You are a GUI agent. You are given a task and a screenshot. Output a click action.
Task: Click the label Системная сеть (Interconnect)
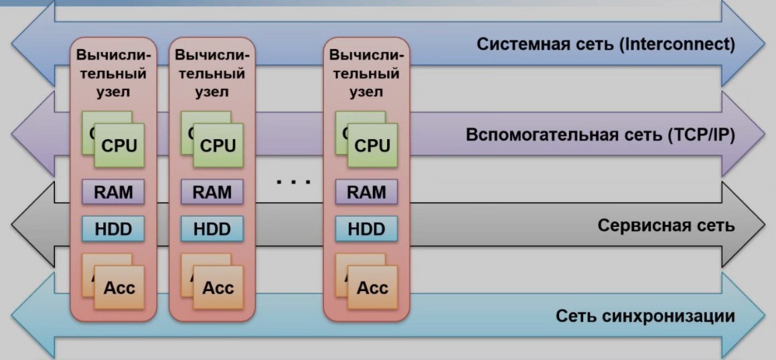click(x=605, y=46)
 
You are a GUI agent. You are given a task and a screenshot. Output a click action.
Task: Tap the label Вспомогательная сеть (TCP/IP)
click(x=600, y=135)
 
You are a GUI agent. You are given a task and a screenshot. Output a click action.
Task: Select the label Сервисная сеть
click(x=666, y=225)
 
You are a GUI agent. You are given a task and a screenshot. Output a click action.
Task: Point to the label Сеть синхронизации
click(x=645, y=316)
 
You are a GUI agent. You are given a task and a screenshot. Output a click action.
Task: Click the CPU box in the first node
click(x=119, y=145)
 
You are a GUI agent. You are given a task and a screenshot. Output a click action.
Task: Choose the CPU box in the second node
click(x=218, y=145)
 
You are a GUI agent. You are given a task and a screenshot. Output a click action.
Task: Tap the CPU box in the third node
click(x=372, y=145)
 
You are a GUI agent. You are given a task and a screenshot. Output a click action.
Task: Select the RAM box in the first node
click(x=113, y=193)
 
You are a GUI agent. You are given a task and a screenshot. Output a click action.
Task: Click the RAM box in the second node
click(x=212, y=193)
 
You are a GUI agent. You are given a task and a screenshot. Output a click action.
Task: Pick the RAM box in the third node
click(x=366, y=193)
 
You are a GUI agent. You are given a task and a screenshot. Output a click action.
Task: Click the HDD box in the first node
click(x=113, y=230)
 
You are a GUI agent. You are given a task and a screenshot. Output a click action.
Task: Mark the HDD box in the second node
click(x=212, y=230)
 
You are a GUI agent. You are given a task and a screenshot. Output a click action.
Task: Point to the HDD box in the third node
click(x=366, y=230)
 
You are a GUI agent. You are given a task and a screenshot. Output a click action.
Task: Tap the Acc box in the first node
click(x=119, y=288)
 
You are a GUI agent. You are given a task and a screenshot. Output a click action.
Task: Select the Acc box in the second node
click(x=218, y=288)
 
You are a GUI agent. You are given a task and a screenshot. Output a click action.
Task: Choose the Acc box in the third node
click(x=372, y=288)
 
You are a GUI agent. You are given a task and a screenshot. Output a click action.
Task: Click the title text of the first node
click(x=113, y=73)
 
